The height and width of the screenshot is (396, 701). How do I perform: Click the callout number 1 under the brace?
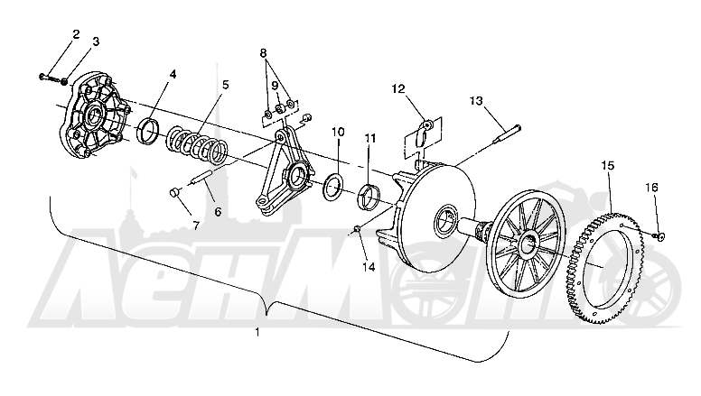point(257,332)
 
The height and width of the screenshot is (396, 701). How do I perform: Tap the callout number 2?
point(76,34)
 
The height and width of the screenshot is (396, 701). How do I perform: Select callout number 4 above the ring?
point(173,74)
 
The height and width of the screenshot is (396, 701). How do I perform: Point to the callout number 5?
point(225,85)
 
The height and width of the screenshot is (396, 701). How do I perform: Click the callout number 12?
point(397,88)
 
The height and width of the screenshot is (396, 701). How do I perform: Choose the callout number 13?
point(477,101)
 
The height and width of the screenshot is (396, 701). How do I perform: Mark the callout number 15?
point(608,166)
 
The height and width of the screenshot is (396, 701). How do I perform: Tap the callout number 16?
point(651,187)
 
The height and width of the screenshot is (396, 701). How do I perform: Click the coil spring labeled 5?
point(197,145)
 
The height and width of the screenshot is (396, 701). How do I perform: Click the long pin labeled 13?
point(507,134)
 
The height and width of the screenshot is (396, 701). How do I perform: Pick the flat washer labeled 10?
point(333,188)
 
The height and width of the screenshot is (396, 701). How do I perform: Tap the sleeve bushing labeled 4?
point(147,132)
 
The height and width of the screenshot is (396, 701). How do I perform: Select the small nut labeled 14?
point(358,229)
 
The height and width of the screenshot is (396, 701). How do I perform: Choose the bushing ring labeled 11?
point(369,197)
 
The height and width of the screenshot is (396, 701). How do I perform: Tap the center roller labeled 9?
point(279,109)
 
